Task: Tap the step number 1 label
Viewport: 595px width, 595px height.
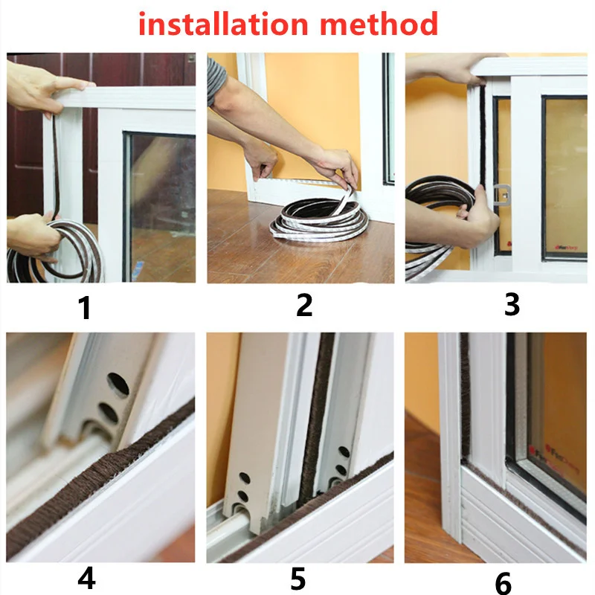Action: click(x=86, y=307)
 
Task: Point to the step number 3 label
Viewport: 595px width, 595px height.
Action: click(x=512, y=304)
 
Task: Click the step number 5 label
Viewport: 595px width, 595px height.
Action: click(x=298, y=579)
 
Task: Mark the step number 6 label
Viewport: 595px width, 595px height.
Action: click(x=504, y=582)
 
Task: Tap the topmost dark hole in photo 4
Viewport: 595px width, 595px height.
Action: click(x=118, y=384)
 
